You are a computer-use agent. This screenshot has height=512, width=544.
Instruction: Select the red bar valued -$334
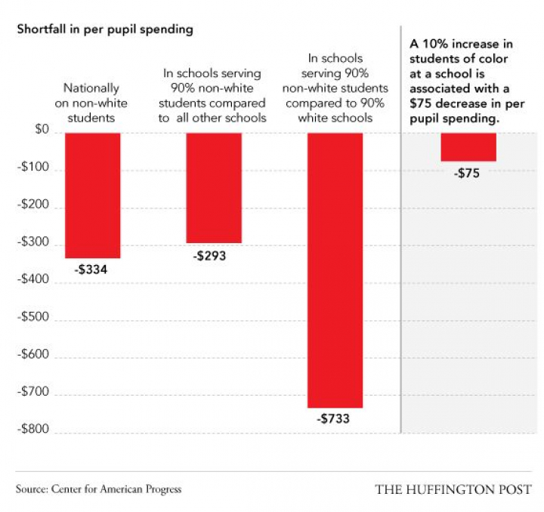pos(92,195)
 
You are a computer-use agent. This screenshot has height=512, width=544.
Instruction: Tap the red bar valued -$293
pos(214,187)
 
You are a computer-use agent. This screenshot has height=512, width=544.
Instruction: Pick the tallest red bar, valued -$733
pos(335,270)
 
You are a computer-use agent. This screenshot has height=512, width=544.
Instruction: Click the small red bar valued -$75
pos(468,147)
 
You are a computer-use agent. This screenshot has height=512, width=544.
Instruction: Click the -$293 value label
pos(209,255)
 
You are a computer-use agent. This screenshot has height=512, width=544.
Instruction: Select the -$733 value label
pos(332,418)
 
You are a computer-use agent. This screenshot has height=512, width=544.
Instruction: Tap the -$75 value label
pos(467,173)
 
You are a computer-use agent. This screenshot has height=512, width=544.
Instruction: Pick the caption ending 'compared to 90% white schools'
pos(335,88)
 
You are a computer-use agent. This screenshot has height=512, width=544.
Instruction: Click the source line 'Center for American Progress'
pos(98,489)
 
